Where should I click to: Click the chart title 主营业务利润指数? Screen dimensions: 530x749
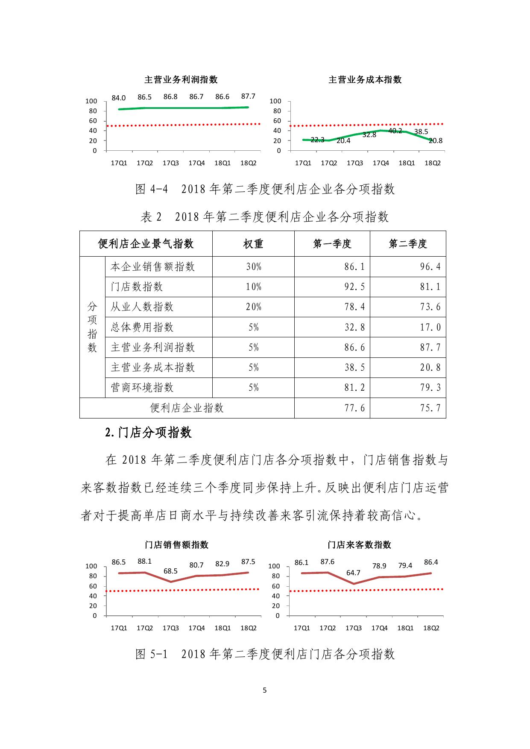coord(181,80)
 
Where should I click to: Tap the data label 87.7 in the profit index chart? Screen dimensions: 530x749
coord(248,97)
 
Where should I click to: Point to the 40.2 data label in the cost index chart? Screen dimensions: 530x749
coord(395,131)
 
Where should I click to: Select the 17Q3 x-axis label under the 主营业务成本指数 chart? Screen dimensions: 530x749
coord(355,163)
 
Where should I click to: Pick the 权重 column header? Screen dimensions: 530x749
coord(253,244)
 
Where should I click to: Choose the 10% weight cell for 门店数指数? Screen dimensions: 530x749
coord(253,287)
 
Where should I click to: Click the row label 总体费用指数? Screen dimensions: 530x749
coord(142,327)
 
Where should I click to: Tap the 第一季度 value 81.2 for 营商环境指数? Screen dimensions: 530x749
coord(354,388)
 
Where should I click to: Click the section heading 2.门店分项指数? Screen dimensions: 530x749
coord(149,433)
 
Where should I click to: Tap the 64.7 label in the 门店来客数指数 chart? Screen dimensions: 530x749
coord(353,573)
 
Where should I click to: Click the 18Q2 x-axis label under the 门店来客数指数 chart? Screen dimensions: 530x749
coord(431,628)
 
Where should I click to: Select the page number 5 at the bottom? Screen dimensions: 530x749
coord(265,690)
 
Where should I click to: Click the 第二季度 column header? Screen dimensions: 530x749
coord(408,244)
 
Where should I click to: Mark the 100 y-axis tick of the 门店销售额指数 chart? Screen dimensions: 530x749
coord(91,566)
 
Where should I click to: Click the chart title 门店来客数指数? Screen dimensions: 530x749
coord(359,545)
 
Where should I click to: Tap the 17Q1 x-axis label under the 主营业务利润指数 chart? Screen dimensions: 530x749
coord(119,163)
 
